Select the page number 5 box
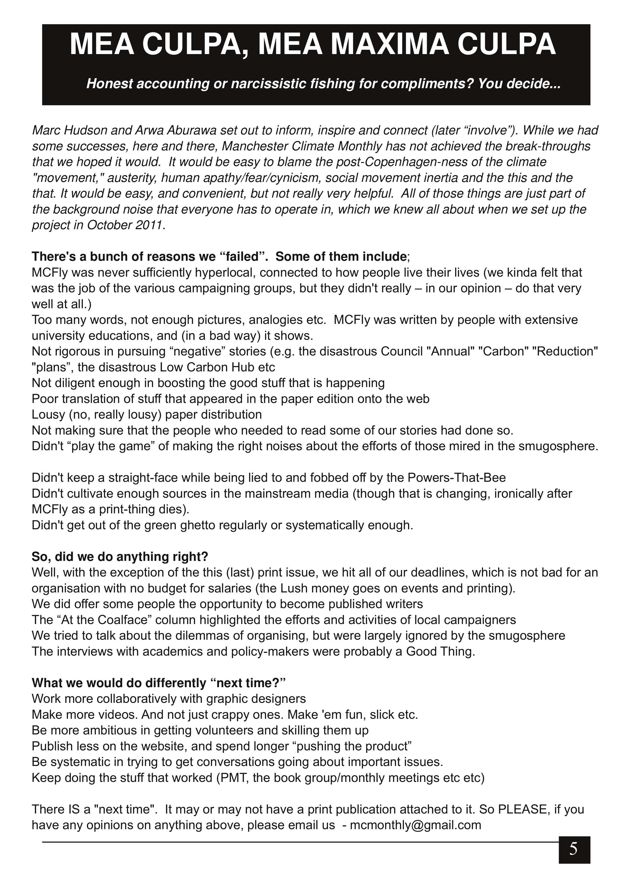574,849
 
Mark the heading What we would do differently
158,683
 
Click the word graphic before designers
228,699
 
